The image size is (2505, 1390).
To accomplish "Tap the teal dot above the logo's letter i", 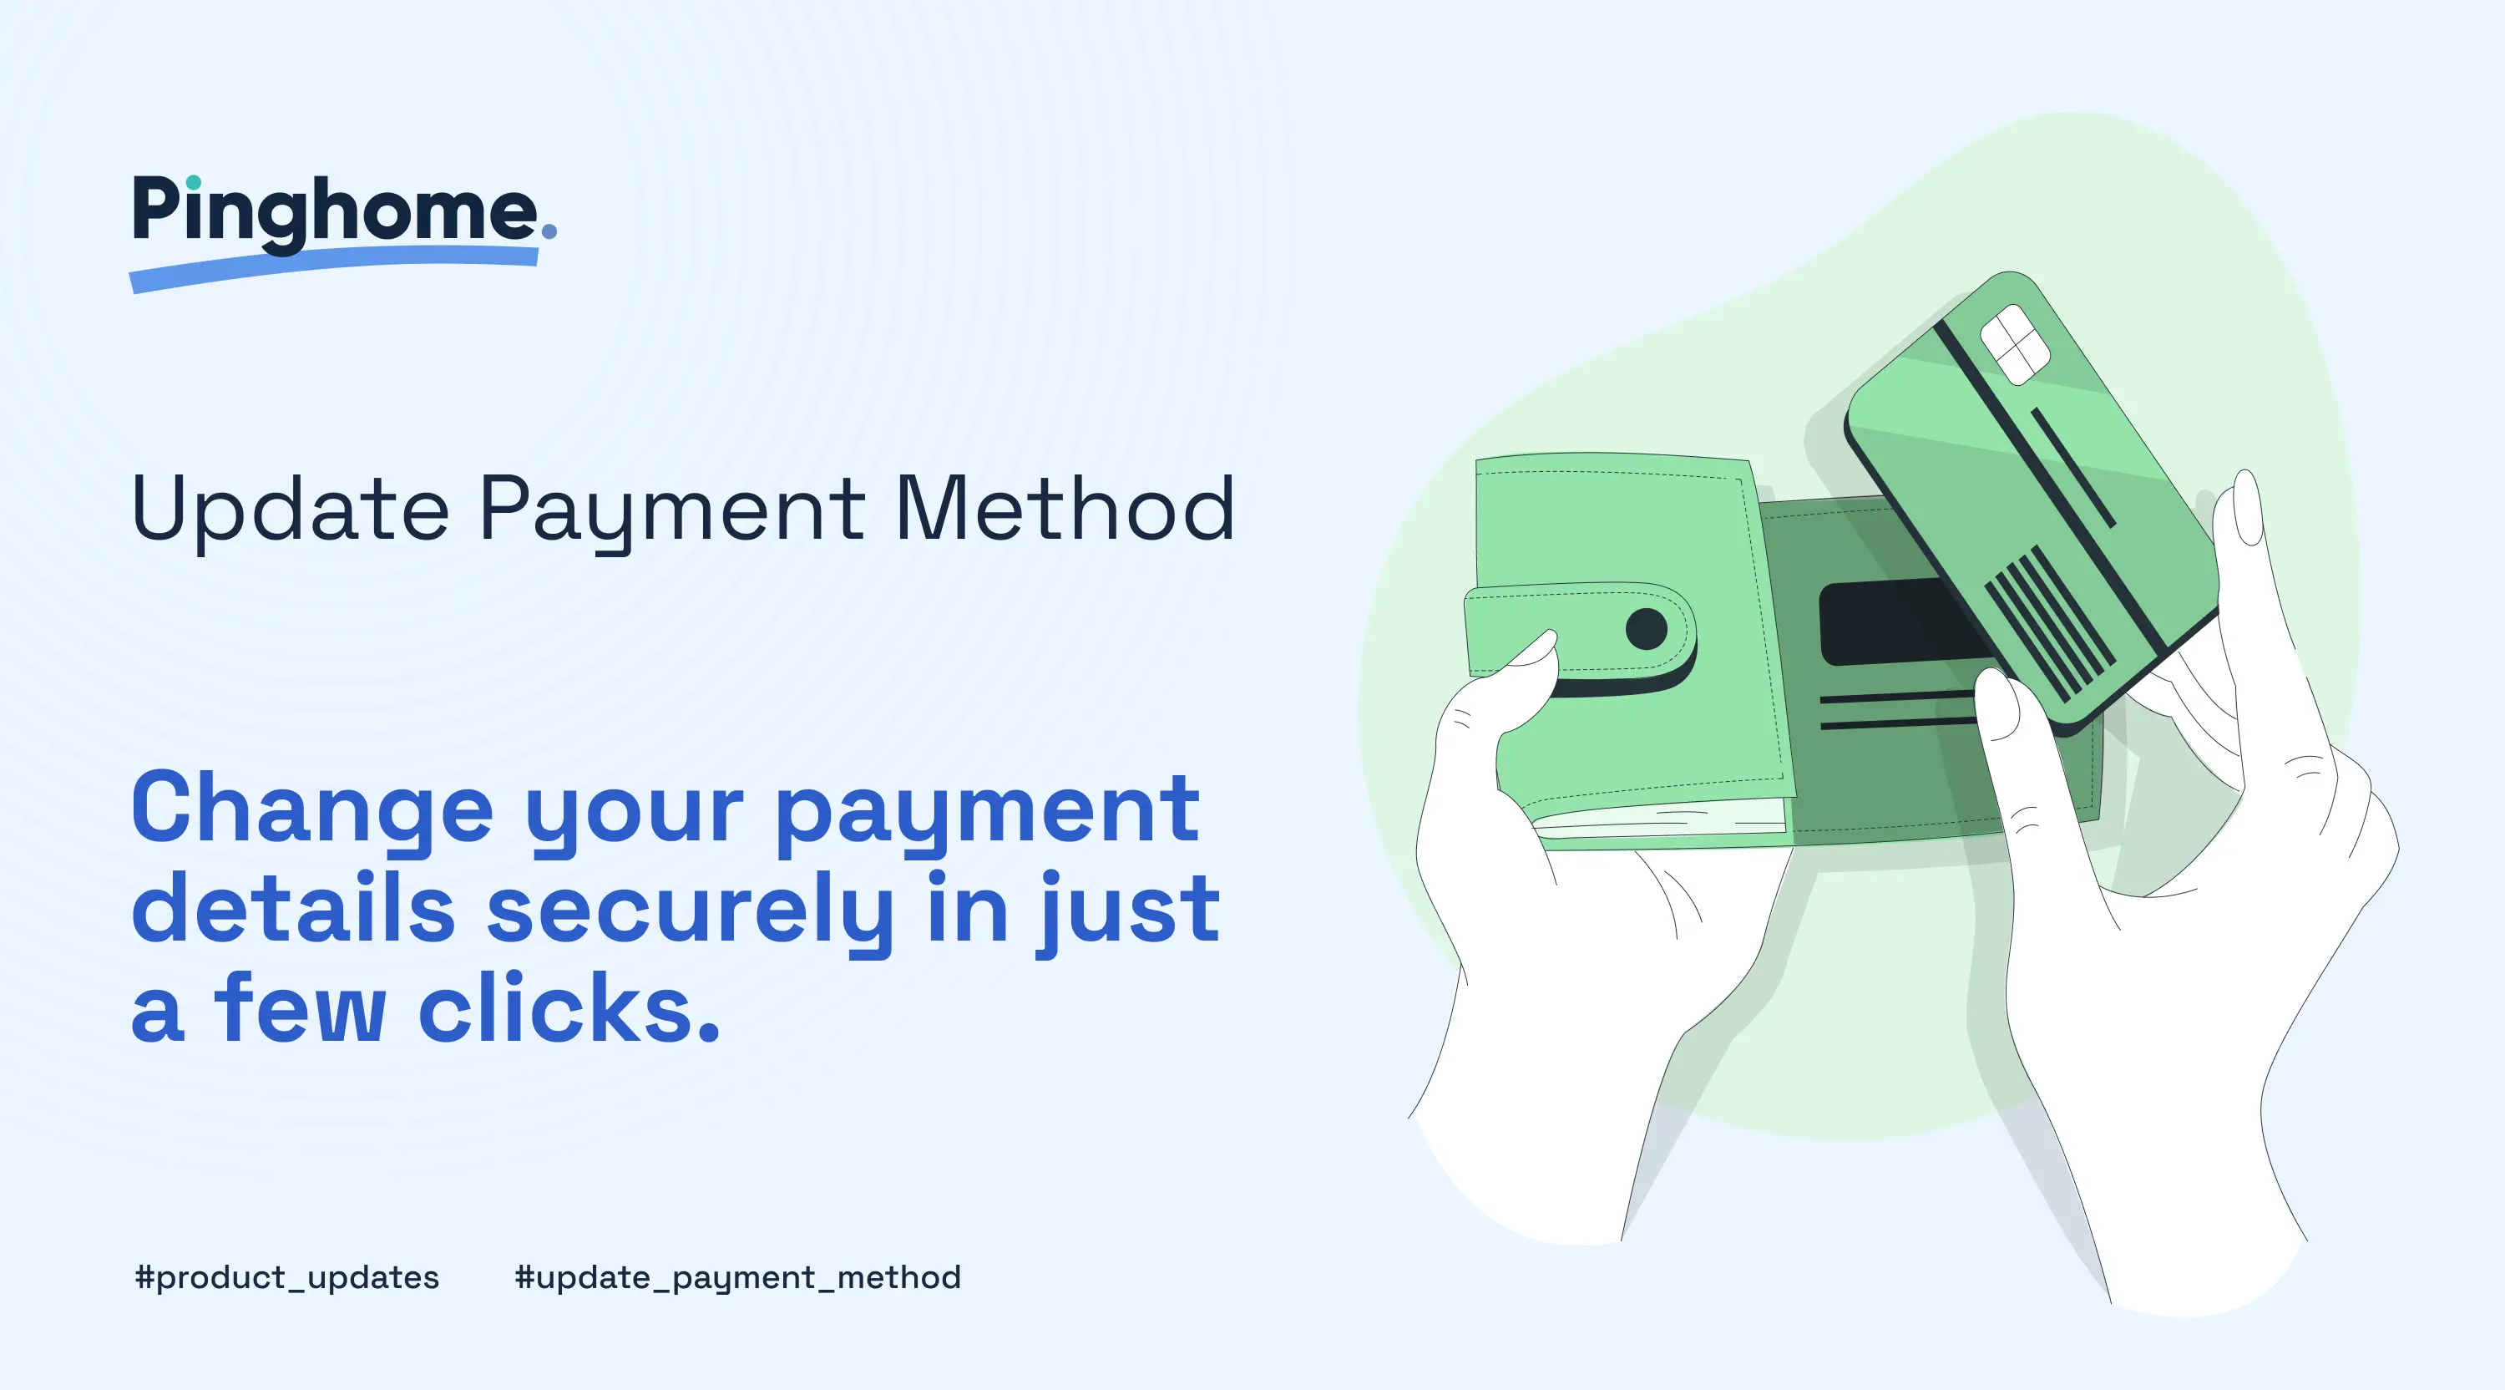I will click(x=194, y=182).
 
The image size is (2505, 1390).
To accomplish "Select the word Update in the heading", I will click(x=289, y=509).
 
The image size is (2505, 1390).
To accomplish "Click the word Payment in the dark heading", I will click(x=671, y=510).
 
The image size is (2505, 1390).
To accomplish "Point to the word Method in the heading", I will click(x=1064, y=509).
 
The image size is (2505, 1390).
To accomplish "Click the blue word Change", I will click(x=312, y=810).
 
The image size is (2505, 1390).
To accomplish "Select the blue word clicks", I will click(x=568, y=1009).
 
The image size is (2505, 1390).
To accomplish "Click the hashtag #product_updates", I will click(x=287, y=1277).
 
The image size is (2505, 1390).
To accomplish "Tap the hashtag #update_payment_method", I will click(x=737, y=1277).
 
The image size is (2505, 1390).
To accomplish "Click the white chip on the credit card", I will click(x=2015, y=343).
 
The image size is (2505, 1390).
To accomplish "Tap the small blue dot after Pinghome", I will click(x=549, y=231).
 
